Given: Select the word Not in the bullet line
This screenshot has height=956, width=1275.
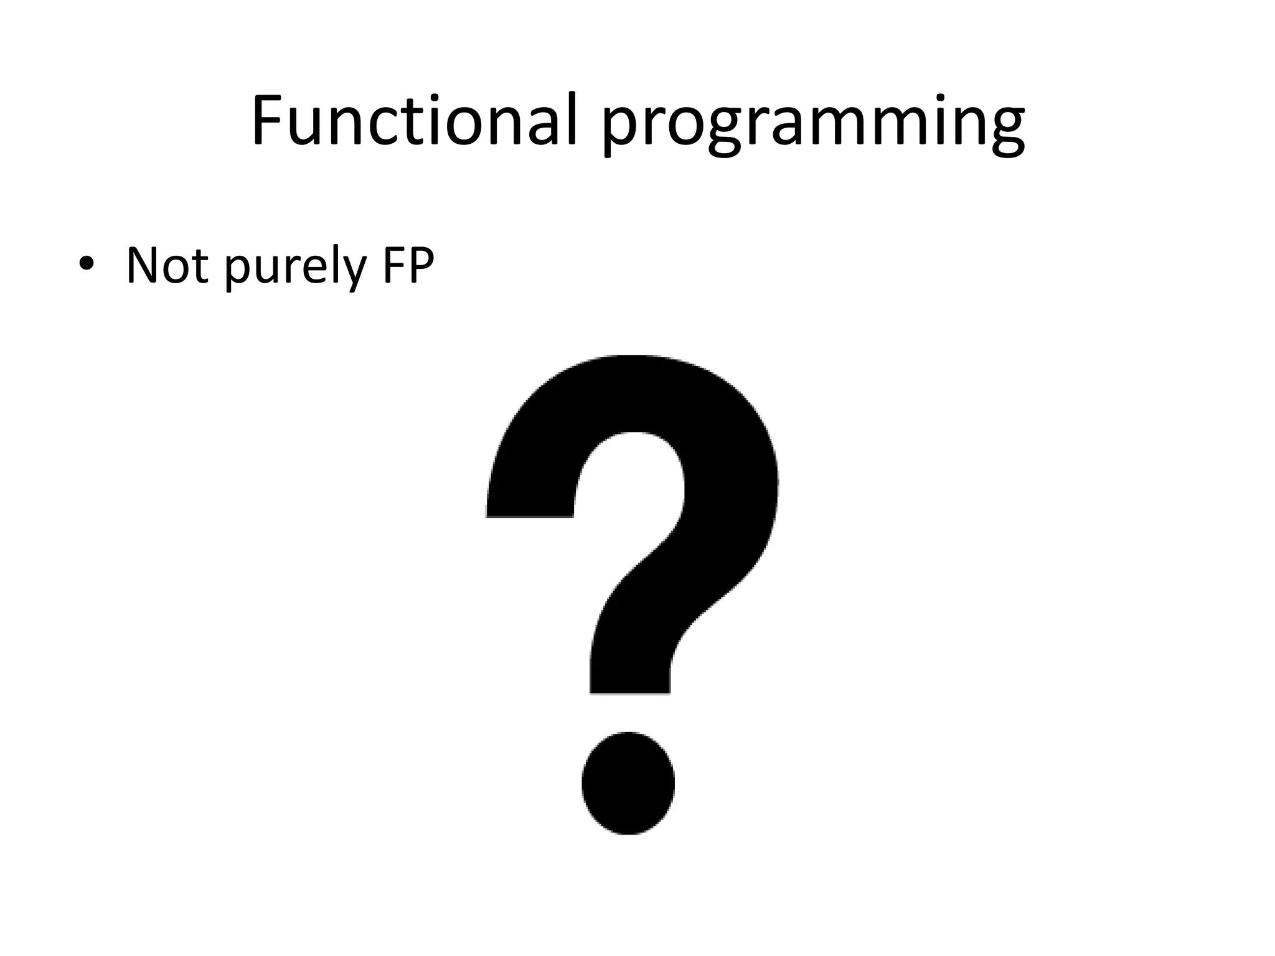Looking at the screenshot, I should point(167,266).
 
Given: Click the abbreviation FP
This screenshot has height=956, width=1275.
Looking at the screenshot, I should point(408,266).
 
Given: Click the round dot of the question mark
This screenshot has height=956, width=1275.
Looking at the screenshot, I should point(628,783).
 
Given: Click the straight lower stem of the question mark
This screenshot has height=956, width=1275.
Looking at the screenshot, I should point(630,666).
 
